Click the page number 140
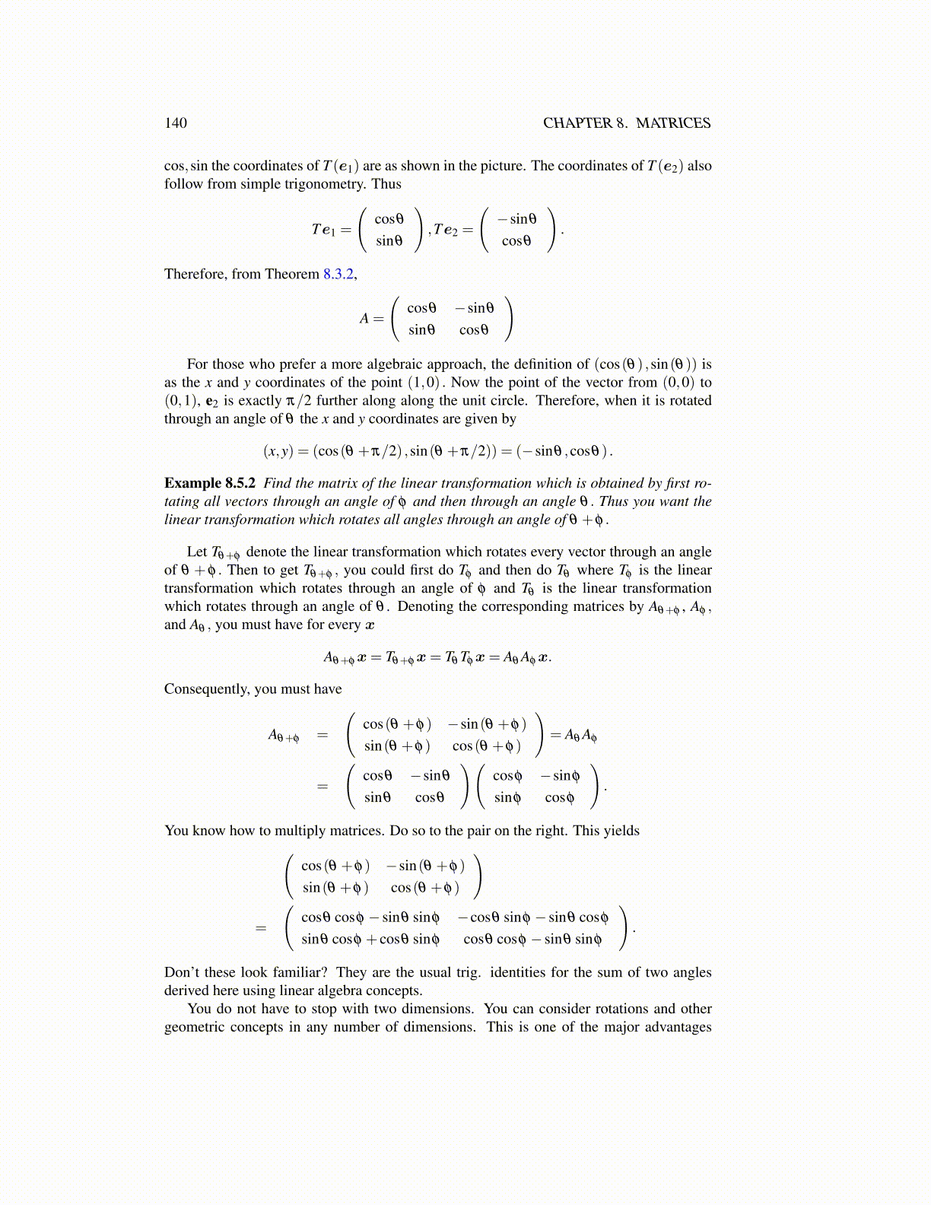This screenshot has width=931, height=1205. click(176, 123)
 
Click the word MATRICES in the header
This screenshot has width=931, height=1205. click(673, 123)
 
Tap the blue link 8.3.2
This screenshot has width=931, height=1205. click(338, 274)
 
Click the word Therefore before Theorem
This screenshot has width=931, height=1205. click(195, 274)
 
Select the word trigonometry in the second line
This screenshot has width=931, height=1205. click(316, 184)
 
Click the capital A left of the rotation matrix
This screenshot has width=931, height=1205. click(364, 320)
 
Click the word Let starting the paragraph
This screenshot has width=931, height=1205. click(197, 552)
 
